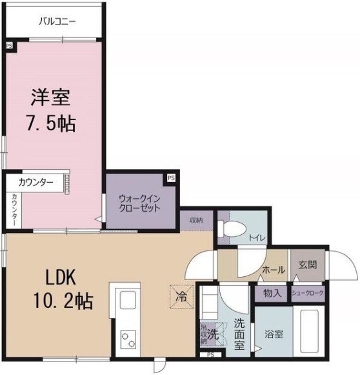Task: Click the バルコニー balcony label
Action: pyautogui.click(x=57, y=21)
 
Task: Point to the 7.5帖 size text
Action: pyautogui.click(x=51, y=123)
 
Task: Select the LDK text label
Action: pyautogui.click(x=61, y=277)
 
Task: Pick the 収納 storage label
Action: pyautogui.click(x=196, y=220)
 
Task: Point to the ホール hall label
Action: pyautogui.click(x=274, y=270)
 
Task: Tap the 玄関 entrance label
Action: pyautogui.click(x=307, y=265)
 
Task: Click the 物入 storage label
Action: pyautogui.click(x=272, y=293)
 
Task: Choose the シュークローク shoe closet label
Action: pyautogui.click(x=308, y=293)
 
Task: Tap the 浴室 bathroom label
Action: pyautogui.click(x=274, y=335)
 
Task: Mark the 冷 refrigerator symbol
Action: pyautogui.click(x=181, y=298)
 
